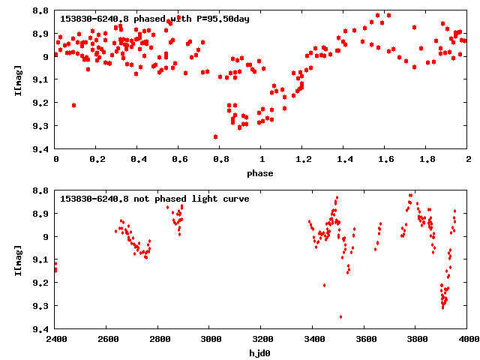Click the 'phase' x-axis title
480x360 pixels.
(262, 173)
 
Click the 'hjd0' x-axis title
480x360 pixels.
(262, 352)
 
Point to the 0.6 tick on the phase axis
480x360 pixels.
(179, 160)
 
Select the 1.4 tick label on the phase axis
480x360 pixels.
(344, 160)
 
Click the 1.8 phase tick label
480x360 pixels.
(427, 160)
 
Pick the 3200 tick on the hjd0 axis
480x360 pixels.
(262, 340)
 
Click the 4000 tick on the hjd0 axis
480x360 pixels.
(468, 340)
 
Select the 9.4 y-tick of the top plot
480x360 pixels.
(42, 149)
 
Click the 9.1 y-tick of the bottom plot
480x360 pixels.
(42, 259)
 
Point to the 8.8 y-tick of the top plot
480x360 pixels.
(42, 10)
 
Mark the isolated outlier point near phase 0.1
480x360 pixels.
(73, 105)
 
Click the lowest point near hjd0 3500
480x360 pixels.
(340, 316)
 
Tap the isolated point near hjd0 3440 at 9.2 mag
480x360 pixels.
(324, 285)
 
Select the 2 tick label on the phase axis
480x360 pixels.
(468, 160)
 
